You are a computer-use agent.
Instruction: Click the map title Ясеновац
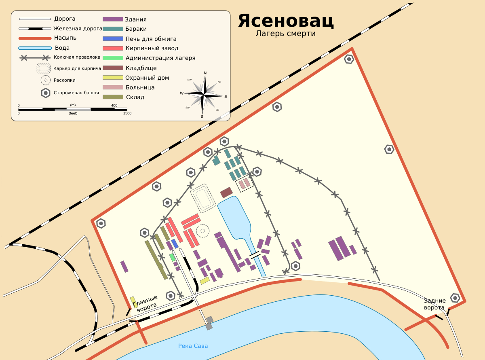point(286,21)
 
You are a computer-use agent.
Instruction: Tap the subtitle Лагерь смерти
point(285,34)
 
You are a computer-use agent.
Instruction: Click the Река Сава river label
point(193,346)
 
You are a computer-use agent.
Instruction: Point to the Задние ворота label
point(435,304)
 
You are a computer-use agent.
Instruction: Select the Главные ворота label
point(146,304)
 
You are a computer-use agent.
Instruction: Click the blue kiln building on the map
point(175,244)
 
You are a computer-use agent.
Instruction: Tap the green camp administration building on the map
point(173,257)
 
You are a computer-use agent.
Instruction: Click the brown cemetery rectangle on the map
point(226,193)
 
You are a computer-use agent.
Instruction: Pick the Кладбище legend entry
point(141,68)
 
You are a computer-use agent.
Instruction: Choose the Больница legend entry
point(140,87)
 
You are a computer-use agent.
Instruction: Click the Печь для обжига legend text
point(151,39)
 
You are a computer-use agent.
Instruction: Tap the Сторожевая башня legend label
point(76,93)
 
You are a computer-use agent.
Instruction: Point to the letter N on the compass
point(205,73)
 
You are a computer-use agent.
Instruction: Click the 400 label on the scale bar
point(114,106)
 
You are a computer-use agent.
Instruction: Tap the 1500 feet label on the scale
point(127,113)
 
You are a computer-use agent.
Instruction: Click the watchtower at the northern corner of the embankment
point(349,59)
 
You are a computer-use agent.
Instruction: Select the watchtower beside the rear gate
point(455,298)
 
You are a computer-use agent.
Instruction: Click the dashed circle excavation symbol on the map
point(202,231)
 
